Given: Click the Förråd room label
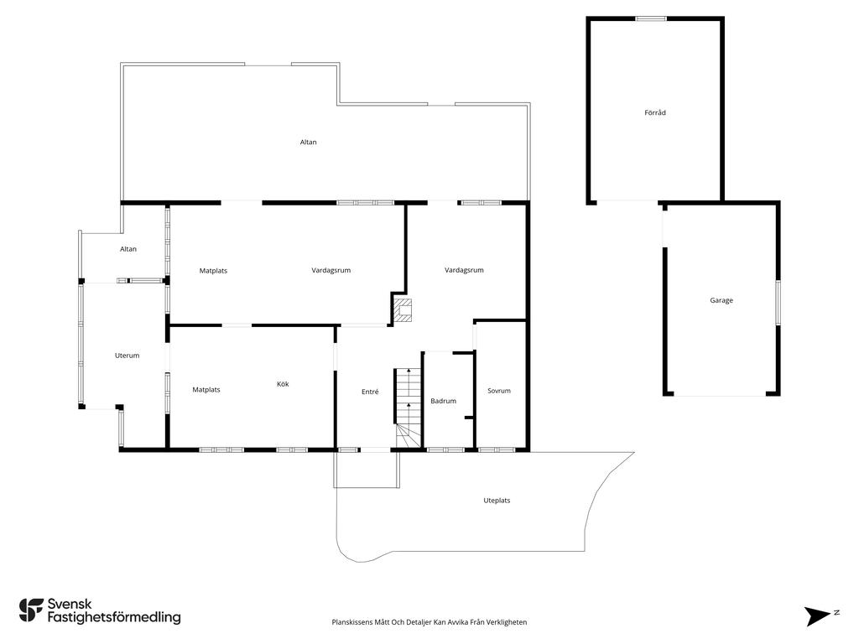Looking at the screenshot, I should [x=655, y=112].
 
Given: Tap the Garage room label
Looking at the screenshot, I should [x=721, y=300].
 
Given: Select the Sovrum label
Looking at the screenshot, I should [x=499, y=391].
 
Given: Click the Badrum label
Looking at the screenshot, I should [x=443, y=401].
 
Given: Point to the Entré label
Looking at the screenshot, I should [x=370, y=392].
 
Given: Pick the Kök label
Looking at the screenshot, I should [x=283, y=384].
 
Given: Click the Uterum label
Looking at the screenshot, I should [x=127, y=356].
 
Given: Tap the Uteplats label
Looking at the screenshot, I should [x=497, y=501].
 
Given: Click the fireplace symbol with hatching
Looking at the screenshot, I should [x=404, y=310].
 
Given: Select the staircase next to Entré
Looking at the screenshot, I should [x=408, y=402].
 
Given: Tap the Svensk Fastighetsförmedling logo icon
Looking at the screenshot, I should [x=31, y=610].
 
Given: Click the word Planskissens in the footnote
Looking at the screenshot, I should [x=352, y=622].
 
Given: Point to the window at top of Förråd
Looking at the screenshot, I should [x=651, y=18].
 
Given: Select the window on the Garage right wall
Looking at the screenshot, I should [x=778, y=302].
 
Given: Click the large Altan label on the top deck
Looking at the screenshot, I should [x=309, y=143].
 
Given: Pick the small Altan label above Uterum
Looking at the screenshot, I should [x=128, y=249].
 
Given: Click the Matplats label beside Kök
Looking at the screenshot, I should [x=206, y=390].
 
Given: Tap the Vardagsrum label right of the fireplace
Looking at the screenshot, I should [x=464, y=270].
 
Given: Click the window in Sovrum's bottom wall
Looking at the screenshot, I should [x=497, y=450].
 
